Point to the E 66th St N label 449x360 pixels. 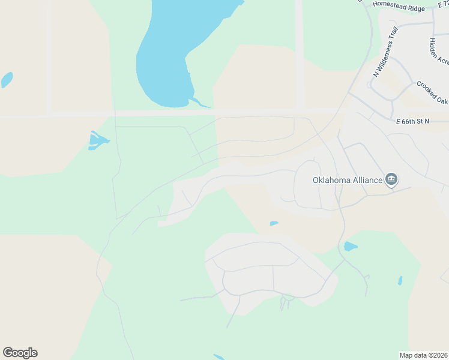(x=412, y=121)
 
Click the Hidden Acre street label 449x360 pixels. (x=439, y=51)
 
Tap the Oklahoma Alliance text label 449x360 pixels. (x=347, y=179)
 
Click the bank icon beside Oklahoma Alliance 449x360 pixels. (x=391, y=179)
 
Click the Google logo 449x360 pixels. (x=20, y=353)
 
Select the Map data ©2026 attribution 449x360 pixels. (x=423, y=355)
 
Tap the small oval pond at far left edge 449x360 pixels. (x=7, y=79)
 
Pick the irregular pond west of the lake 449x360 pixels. (x=97, y=142)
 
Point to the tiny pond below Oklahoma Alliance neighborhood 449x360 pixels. (x=274, y=224)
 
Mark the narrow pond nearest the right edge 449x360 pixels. (x=400, y=280)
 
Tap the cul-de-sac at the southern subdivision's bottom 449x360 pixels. (x=288, y=297)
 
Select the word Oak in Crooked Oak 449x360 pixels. (x=441, y=95)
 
